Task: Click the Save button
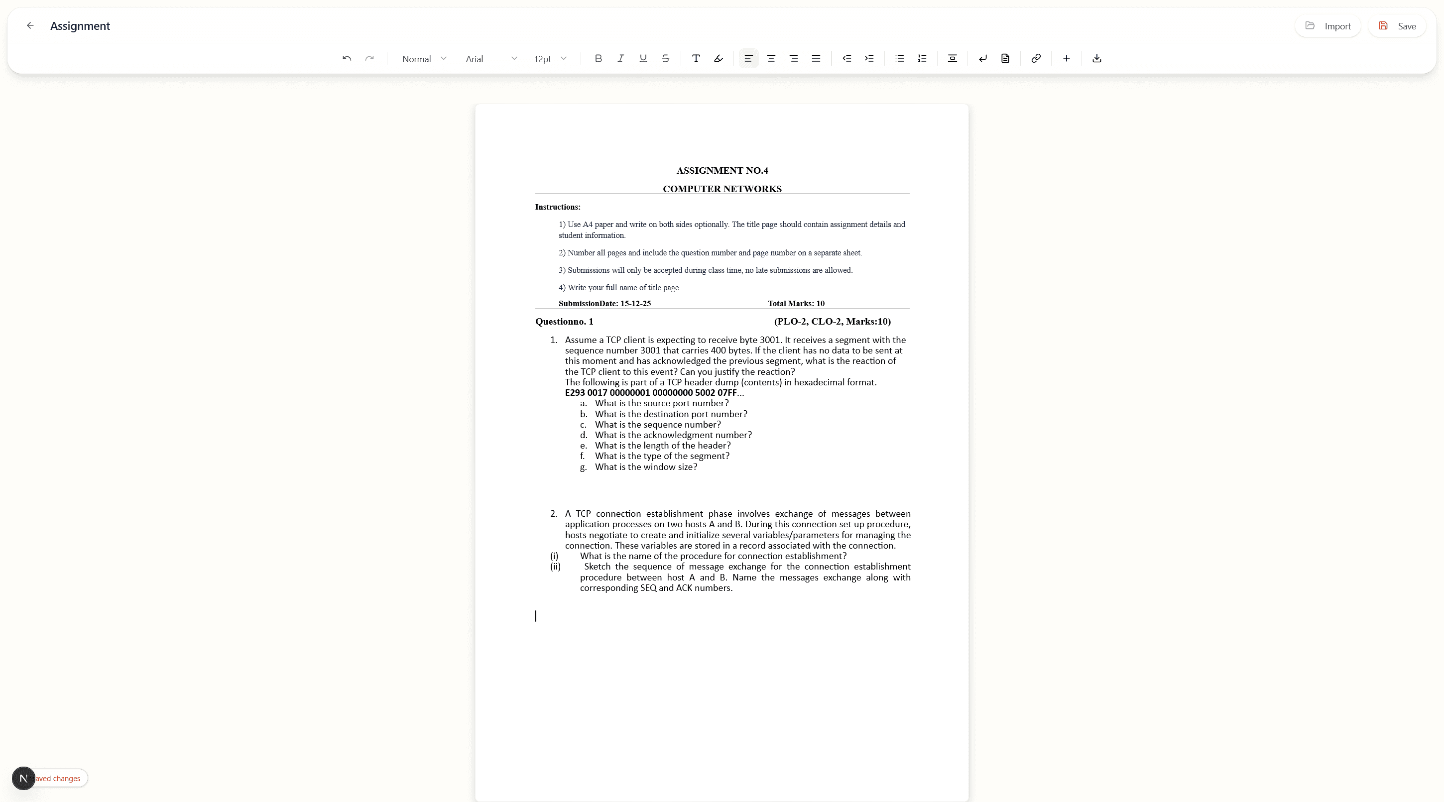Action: coord(1396,26)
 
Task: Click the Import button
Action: coord(1327,26)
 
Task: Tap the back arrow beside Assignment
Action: coord(30,26)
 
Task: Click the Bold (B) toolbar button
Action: coord(598,58)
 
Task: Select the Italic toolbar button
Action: coord(620,58)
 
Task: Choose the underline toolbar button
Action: coord(643,58)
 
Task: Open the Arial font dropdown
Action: coord(490,59)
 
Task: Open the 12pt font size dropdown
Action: coord(550,59)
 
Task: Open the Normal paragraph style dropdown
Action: coord(424,59)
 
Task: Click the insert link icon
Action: coord(1036,58)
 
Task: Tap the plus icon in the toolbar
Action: coord(1066,58)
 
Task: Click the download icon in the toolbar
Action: coord(1097,58)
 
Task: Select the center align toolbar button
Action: coord(771,58)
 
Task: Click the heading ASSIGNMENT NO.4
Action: coord(722,170)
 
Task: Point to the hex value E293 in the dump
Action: coord(575,393)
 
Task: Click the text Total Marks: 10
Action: coord(796,304)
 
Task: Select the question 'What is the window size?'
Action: coord(646,467)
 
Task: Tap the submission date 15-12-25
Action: coord(635,304)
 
